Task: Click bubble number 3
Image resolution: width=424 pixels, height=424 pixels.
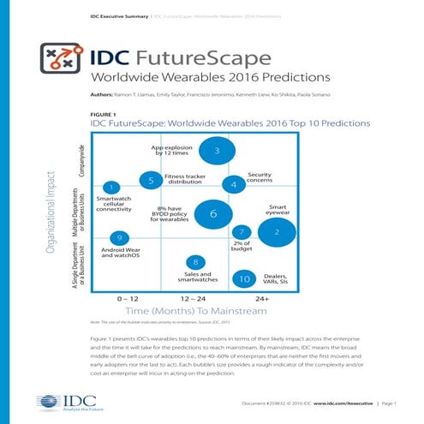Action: [218, 152]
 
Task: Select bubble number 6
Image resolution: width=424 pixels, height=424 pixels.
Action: [212, 214]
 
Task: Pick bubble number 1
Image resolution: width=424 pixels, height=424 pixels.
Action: [110, 187]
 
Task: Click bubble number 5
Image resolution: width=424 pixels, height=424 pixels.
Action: [151, 181]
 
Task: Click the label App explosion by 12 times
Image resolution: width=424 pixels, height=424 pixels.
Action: [170, 151]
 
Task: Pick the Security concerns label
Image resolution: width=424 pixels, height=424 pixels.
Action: [260, 177]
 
